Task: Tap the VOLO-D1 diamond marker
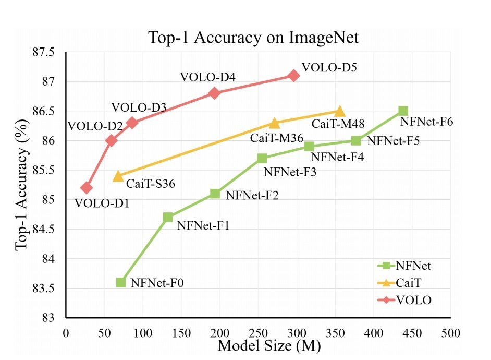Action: (x=87, y=188)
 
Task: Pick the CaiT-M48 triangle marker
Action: (x=340, y=111)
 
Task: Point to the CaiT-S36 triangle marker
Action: (x=118, y=176)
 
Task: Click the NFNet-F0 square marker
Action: (x=121, y=282)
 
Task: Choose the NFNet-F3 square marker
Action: (x=262, y=158)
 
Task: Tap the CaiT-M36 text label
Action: (x=276, y=138)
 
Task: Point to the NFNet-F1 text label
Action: (x=203, y=225)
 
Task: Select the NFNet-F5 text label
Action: (x=394, y=140)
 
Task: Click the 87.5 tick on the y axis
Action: (x=44, y=53)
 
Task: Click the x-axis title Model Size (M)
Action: (x=268, y=345)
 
